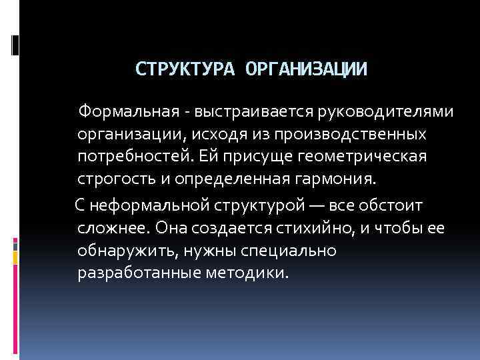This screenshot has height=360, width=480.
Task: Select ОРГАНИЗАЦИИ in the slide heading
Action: (x=306, y=69)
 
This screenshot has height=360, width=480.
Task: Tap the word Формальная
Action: (x=123, y=111)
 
